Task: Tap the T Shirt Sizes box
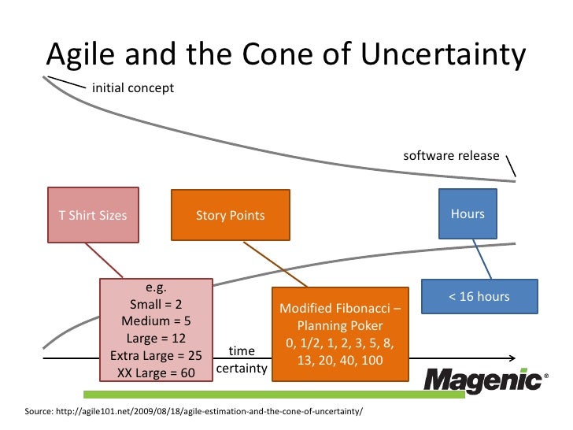tap(93, 215)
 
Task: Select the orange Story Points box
tap(230, 215)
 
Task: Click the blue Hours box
tap(468, 213)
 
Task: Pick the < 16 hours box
tap(479, 297)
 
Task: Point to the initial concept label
tap(133, 87)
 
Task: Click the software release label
tap(451, 155)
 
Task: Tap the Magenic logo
tap(482, 381)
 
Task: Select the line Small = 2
tap(156, 305)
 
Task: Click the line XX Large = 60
tap(156, 373)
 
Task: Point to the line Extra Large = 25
tap(156, 355)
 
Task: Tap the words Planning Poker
tap(340, 326)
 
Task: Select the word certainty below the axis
tap(241, 369)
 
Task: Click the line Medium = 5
tap(156, 321)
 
